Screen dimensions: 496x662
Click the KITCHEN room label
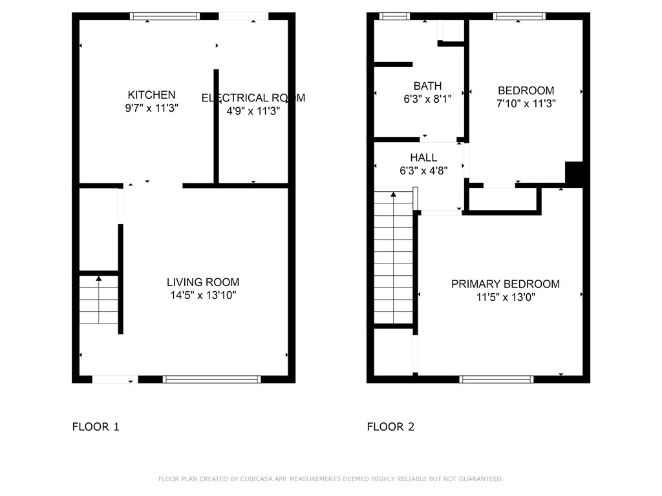click(x=151, y=95)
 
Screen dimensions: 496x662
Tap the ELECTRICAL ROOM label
click(x=253, y=98)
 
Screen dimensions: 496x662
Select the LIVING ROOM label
click(x=203, y=282)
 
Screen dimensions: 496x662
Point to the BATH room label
click(x=427, y=86)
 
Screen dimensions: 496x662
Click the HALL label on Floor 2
click(x=423, y=158)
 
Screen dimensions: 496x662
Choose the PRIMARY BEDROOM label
click(x=505, y=284)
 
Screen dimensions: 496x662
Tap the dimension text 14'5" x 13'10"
click(x=203, y=296)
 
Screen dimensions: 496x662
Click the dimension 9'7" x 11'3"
click(x=151, y=108)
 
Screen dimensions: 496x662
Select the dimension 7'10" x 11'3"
click(x=526, y=103)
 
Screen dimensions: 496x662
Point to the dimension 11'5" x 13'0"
click(x=505, y=298)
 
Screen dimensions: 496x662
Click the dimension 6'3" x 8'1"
click(x=427, y=99)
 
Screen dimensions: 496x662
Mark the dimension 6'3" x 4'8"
click(x=423, y=171)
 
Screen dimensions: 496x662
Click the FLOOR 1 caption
click(x=96, y=427)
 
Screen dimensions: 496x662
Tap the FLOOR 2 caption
click(x=390, y=427)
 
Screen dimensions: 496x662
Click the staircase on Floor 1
click(x=99, y=300)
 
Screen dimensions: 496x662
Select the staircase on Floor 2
click(x=393, y=258)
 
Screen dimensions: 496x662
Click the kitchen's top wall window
click(x=165, y=17)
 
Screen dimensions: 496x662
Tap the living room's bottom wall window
click(x=211, y=379)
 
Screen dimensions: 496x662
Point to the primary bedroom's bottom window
click(x=496, y=379)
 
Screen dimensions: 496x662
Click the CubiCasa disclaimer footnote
click(x=330, y=479)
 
